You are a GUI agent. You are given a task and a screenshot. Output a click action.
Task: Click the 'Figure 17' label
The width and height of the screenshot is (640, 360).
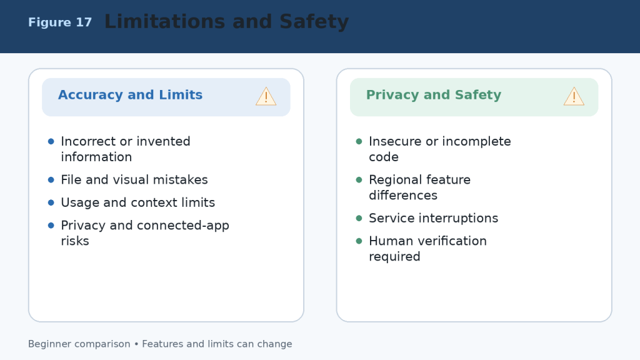click(x=60, y=22)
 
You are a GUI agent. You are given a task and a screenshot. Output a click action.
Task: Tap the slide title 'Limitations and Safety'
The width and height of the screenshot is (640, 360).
click(x=226, y=22)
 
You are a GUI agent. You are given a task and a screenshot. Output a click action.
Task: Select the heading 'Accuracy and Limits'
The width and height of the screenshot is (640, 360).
click(x=130, y=95)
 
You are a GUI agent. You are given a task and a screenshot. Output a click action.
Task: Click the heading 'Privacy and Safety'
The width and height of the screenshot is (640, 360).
click(x=434, y=95)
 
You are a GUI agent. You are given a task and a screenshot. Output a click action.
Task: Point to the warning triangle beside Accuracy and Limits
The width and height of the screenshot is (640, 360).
click(x=266, y=97)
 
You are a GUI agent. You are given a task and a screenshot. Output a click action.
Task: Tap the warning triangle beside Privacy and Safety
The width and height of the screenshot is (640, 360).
click(x=574, y=97)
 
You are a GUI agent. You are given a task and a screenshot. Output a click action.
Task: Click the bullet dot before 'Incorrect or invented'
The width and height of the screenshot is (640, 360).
click(x=51, y=142)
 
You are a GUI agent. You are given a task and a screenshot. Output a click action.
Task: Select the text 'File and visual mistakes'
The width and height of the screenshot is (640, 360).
click(x=134, y=179)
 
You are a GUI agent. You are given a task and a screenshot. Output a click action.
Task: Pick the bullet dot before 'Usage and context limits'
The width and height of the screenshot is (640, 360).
click(x=51, y=203)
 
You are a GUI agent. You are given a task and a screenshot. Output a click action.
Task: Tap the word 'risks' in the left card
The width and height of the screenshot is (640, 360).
click(x=75, y=241)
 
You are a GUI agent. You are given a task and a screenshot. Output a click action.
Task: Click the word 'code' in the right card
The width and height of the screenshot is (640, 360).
click(x=384, y=157)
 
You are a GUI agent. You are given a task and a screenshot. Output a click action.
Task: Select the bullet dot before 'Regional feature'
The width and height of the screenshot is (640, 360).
click(x=359, y=180)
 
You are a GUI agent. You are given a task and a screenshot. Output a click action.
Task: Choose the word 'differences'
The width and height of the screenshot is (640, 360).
click(x=403, y=195)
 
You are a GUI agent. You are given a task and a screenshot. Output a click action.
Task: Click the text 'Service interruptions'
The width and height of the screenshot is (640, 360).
click(x=434, y=218)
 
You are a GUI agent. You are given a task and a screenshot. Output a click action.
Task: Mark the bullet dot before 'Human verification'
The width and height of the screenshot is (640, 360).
click(x=359, y=241)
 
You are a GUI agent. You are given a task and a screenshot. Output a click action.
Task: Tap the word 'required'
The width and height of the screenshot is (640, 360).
click(x=395, y=257)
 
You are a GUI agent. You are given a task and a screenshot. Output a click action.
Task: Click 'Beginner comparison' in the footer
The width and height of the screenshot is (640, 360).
click(x=79, y=344)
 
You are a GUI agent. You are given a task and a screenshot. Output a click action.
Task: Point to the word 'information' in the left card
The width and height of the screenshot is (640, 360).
click(x=96, y=157)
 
